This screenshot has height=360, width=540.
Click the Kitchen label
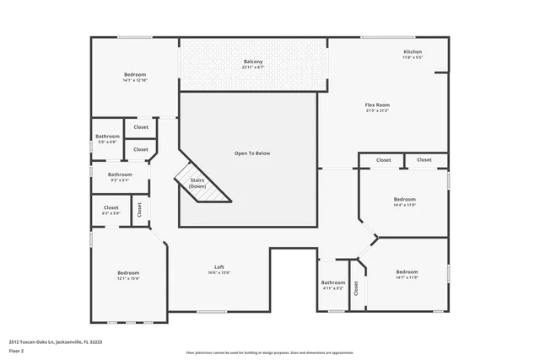coord(413,52)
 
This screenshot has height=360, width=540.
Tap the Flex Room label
coord(377,105)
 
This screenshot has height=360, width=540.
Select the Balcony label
coord(253,62)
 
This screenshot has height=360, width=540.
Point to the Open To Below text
coord(252,153)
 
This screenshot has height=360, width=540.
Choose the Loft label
coord(219,266)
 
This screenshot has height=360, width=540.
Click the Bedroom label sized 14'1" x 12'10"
coord(135,74)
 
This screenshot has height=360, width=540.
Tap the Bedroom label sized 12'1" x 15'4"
coord(128,272)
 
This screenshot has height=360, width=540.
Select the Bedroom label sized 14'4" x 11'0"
coord(405,199)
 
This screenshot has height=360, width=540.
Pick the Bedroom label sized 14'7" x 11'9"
coord(407,271)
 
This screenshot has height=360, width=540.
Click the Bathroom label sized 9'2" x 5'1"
coord(120,175)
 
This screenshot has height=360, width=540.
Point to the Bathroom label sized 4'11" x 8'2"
coord(333,282)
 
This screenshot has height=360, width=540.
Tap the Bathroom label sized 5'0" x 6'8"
coord(107,136)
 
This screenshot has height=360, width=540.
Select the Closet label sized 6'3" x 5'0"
coord(111,207)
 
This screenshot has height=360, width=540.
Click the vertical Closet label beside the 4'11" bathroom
coord(356,287)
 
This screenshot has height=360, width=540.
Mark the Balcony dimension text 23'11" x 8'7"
coord(253,67)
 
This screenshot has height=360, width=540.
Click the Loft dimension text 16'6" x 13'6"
coord(219,272)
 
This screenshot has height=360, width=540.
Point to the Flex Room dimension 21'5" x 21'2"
coord(377,110)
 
